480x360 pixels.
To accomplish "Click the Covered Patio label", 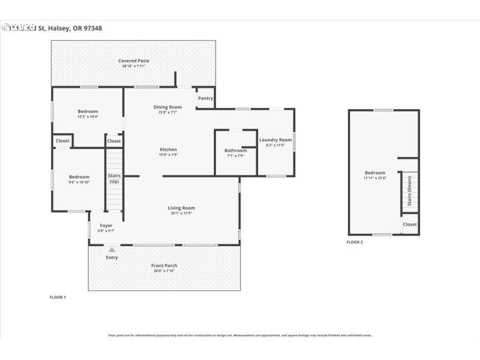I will (134, 61).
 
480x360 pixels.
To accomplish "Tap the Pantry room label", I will (205, 98).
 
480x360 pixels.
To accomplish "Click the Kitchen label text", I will (168, 149).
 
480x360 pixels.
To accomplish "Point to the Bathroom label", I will (235, 151).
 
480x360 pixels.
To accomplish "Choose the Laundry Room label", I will (275, 140).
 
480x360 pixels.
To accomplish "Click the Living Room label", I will (181, 208).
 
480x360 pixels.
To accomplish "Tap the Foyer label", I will (106, 226).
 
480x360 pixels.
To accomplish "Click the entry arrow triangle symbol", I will (112, 248).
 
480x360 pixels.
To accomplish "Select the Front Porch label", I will (164, 266).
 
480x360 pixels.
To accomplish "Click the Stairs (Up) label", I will (114, 178).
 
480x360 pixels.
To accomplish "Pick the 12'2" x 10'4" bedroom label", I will (88, 112).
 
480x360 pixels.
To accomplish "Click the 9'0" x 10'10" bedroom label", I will (79, 177).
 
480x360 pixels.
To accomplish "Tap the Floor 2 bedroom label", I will (375, 173).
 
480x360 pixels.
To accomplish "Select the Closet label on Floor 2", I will (410, 224).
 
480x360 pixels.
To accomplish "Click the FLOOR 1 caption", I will (58, 297).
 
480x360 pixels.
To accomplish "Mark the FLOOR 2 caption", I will (355, 242).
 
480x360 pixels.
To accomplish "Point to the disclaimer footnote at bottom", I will (240, 335).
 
